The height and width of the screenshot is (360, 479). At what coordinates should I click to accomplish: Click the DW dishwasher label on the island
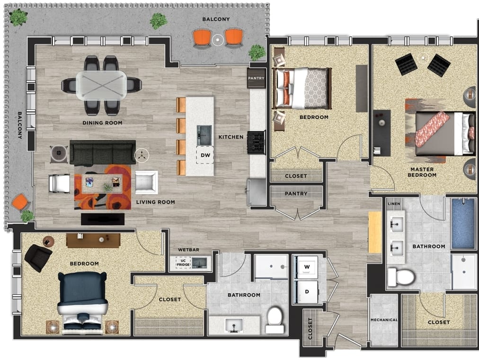click(x=205, y=155)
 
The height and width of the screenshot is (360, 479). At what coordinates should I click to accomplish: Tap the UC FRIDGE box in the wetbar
click(x=183, y=262)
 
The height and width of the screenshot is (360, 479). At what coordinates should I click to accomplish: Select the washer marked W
click(x=307, y=267)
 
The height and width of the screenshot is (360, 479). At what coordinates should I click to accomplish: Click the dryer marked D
click(x=307, y=292)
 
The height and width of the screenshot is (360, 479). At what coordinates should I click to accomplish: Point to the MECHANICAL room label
click(x=384, y=320)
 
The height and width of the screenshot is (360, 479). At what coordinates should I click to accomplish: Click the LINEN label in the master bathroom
click(x=394, y=204)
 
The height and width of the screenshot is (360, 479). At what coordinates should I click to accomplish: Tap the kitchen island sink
click(x=204, y=135)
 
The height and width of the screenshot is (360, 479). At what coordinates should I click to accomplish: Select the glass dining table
click(x=101, y=85)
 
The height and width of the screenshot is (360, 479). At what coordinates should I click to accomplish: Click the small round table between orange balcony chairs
click(x=218, y=40)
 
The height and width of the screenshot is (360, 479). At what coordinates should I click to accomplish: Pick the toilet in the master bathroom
click(x=400, y=277)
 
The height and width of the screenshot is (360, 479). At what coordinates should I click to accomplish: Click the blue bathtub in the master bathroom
click(x=463, y=224)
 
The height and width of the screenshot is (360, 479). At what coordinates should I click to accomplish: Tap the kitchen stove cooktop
click(x=256, y=143)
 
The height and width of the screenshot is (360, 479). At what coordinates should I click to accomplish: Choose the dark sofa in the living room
click(x=103, y=153)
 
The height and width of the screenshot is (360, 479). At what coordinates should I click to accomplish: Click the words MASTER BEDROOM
click(x=422, y=172)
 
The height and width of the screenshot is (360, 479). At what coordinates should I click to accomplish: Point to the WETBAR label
click(x=188, y=250)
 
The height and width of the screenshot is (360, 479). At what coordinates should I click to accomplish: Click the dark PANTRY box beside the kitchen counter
click(x=256, y=78)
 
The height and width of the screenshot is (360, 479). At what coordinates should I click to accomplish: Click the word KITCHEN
click(x=231, y=137)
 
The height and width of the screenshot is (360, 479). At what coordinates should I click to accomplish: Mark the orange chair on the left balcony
click(x=20, y=202)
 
